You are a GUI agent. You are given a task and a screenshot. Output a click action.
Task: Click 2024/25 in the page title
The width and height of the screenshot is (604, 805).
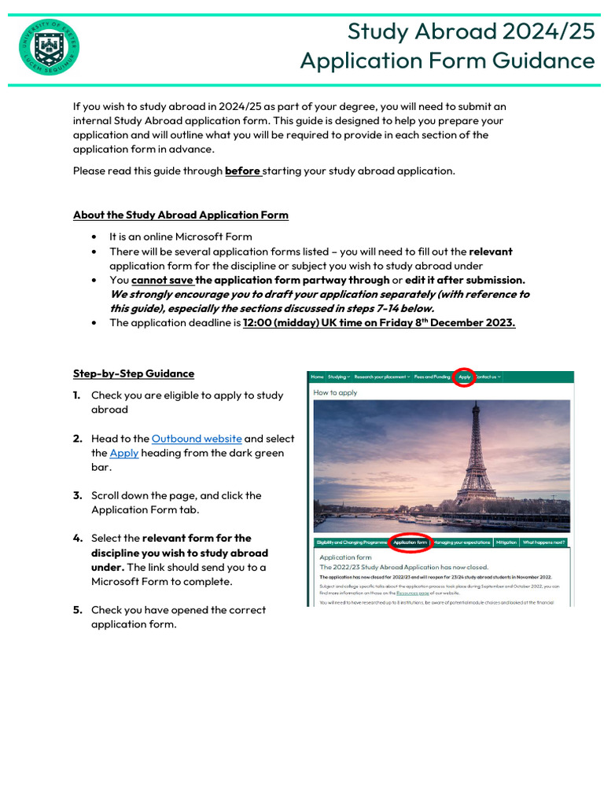(549, 31)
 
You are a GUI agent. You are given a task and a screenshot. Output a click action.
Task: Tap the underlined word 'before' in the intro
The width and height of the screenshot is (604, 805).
(242, 171)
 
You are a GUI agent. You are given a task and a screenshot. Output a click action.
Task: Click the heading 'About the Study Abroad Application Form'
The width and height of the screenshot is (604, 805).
(180, 215)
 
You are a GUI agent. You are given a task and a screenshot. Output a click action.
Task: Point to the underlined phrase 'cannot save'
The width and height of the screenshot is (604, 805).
(162, 280)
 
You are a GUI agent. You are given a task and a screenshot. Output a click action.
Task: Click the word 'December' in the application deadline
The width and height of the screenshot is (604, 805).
(474, 322)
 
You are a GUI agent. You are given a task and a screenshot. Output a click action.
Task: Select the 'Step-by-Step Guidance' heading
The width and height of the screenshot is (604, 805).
(133, 373)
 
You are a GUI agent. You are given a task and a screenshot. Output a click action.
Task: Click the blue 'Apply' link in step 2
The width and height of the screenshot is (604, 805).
(123, 453)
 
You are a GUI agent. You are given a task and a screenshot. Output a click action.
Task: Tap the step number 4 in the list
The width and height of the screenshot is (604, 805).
(78, 539)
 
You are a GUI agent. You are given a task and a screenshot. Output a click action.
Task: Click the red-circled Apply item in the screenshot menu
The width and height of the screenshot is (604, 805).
(465, 377)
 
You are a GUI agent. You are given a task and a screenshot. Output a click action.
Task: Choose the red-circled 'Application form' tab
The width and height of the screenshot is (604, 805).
(410, 542)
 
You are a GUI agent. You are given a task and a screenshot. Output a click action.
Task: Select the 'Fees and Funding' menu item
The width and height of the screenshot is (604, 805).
(432, 377)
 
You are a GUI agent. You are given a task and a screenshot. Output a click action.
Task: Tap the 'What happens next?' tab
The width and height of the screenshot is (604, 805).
(543, 542)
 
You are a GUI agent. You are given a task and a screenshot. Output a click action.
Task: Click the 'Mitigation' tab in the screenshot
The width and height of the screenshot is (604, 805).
(506, 542)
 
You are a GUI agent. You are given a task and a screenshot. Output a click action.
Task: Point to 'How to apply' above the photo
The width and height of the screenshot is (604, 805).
(335, 392)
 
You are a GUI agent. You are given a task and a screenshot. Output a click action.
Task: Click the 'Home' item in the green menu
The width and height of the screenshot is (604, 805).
(317, 377)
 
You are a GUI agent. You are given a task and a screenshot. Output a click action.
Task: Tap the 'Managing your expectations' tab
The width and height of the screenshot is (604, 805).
(462, 542)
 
